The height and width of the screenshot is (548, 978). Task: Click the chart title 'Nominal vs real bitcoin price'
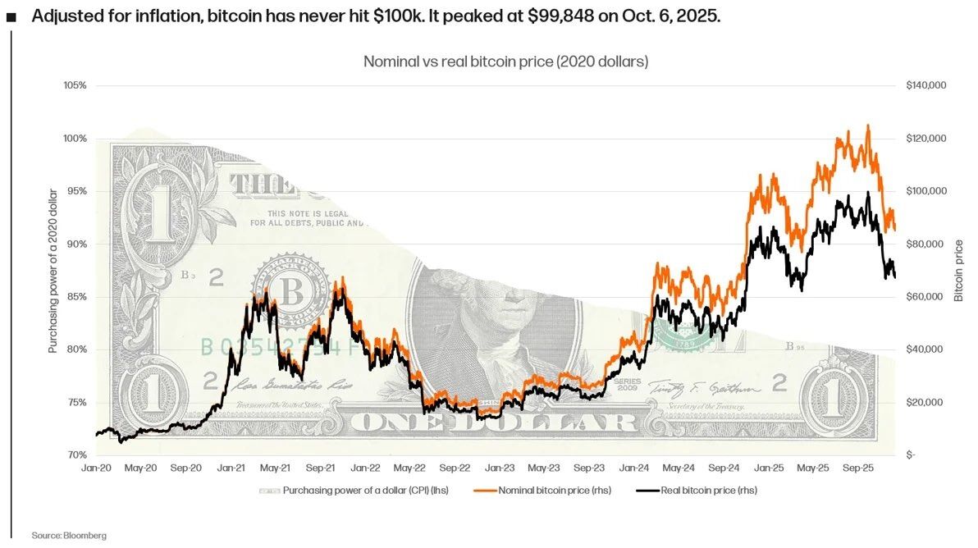(x=505, y=62)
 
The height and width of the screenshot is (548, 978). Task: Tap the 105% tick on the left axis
(x=75, y=85)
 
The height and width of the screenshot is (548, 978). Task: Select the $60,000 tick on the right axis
(x=925, y=297)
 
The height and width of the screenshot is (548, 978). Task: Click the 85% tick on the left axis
(x=75, y=297)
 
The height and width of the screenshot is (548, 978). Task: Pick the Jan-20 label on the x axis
(x=96, y=468)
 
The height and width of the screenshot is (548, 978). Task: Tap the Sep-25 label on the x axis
(x=857, y=468)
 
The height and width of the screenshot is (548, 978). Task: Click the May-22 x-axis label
(x=409, y=468)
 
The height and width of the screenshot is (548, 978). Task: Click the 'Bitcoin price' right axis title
(x=958, y=271)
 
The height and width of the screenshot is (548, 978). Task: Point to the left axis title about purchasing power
(x=53, y=271)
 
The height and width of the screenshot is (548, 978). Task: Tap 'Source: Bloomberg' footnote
(x=69, y=535)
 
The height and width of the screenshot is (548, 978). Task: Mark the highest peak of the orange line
(x=867, y=126)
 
